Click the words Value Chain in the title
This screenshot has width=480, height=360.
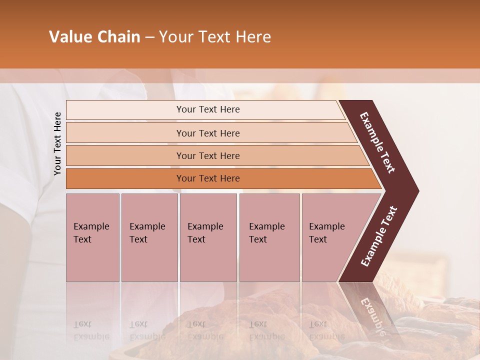point(94,37)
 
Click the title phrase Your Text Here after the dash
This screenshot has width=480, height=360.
point(215,37)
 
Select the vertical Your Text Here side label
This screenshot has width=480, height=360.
point(57,143)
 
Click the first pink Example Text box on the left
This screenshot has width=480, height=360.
point(92,237)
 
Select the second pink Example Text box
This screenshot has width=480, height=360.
point(149,237)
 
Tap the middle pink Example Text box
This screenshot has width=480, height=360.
point(208,237)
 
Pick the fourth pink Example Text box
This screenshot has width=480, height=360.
point(269,237)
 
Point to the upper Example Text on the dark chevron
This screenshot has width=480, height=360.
point(377,142)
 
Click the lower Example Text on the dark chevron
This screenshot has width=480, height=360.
point(379,236)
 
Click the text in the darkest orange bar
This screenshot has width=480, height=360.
point(208,178)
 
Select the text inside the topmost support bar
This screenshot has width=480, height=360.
point(208,109)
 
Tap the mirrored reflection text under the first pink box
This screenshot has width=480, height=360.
point(91,330)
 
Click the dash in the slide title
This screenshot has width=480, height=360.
point(149,37)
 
